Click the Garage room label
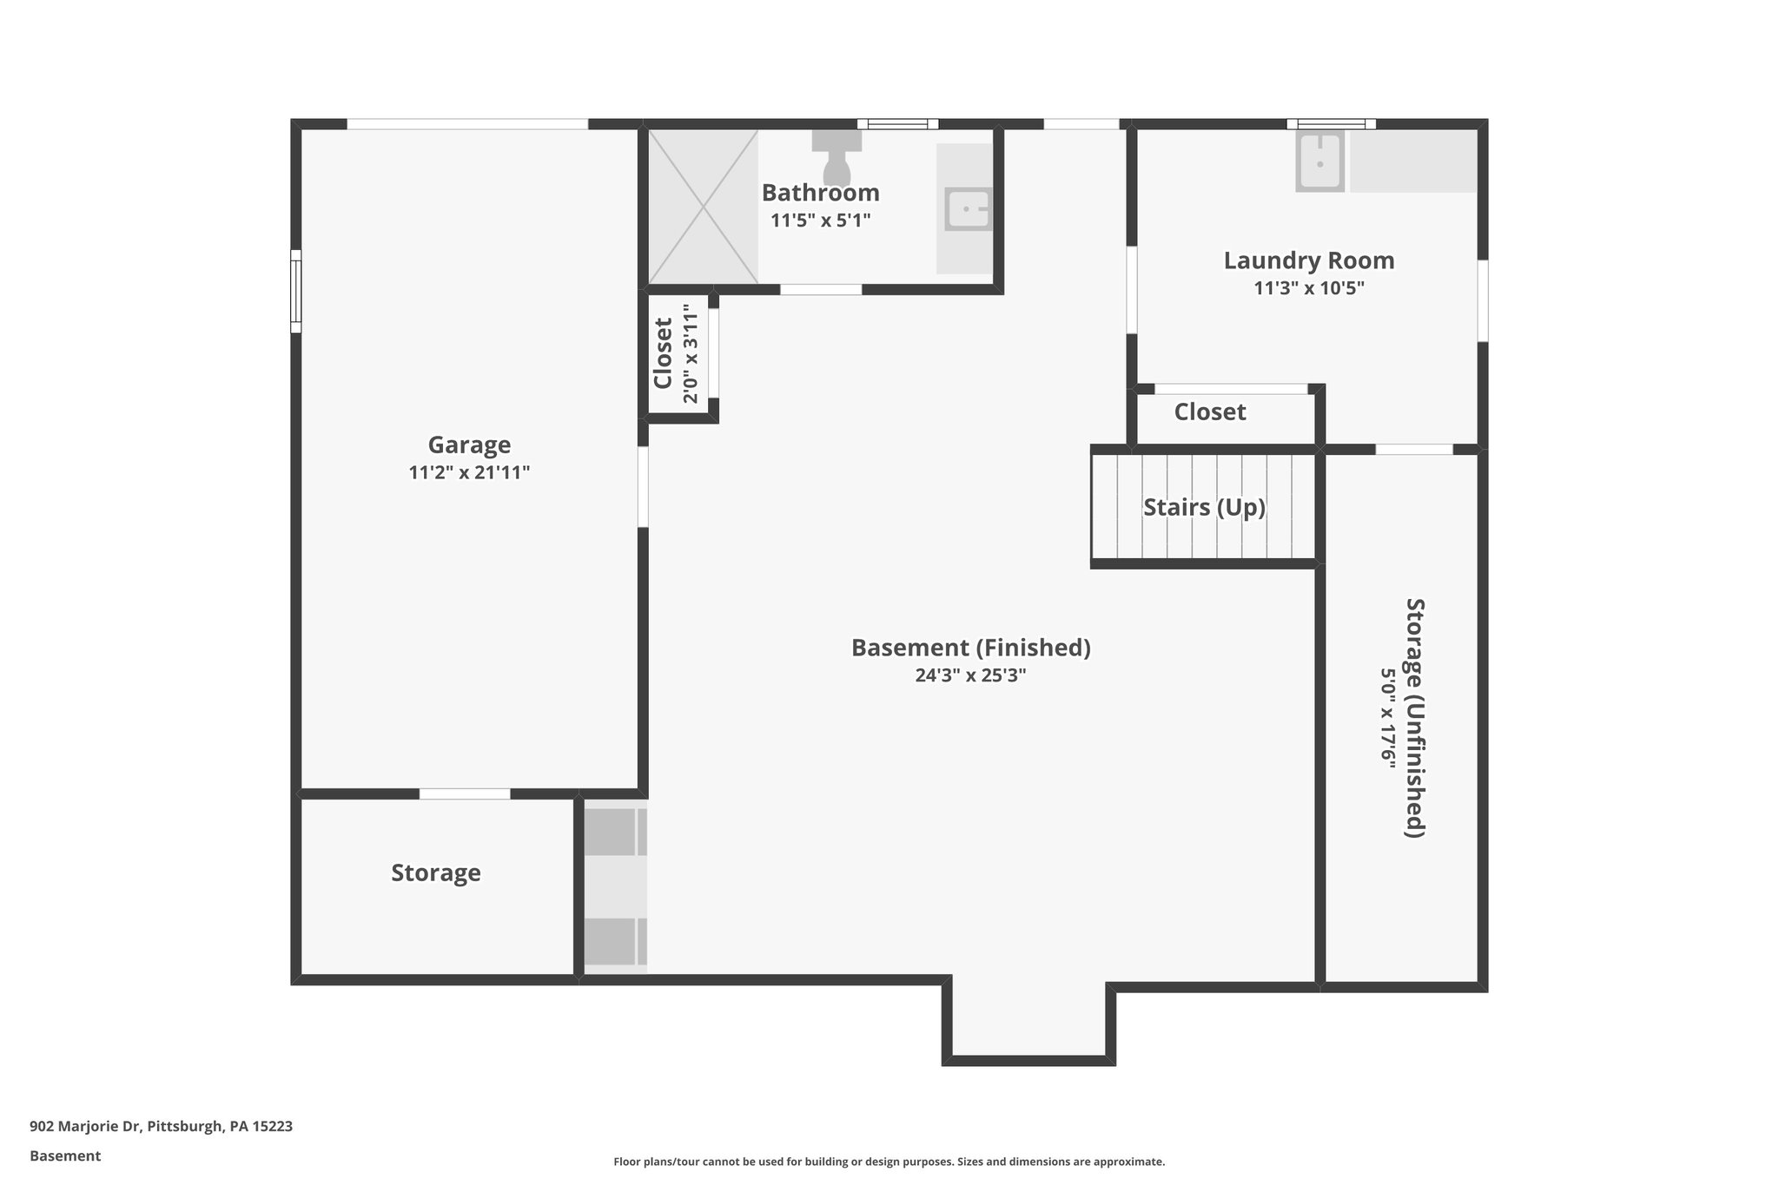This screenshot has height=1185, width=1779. point(469,445)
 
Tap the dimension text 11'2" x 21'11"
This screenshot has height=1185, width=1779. point(469,473)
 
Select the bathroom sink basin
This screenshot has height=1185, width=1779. point(968,209)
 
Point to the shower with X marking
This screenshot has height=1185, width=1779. point(703,207)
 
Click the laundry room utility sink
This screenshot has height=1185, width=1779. point(1319,161)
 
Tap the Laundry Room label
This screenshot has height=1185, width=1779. point(1308,260)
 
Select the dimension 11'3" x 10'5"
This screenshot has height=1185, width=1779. point(1308,288)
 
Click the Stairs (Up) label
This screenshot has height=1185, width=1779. point(1204,507)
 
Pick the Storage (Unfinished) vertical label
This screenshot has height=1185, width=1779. point(1415,717)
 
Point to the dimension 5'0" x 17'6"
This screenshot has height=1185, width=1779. point(1388,717)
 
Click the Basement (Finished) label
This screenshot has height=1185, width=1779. point(970,648)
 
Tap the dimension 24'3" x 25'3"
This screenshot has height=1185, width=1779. point(970,675)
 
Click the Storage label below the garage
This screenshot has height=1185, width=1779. point(435,872)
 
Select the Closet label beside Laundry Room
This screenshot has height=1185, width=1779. point(1209,411)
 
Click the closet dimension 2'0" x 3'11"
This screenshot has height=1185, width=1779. point(691,353)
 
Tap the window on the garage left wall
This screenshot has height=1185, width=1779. point(295,291)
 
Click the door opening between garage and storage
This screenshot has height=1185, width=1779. point(465,793)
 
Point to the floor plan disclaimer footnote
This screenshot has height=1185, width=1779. point(889,1162)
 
